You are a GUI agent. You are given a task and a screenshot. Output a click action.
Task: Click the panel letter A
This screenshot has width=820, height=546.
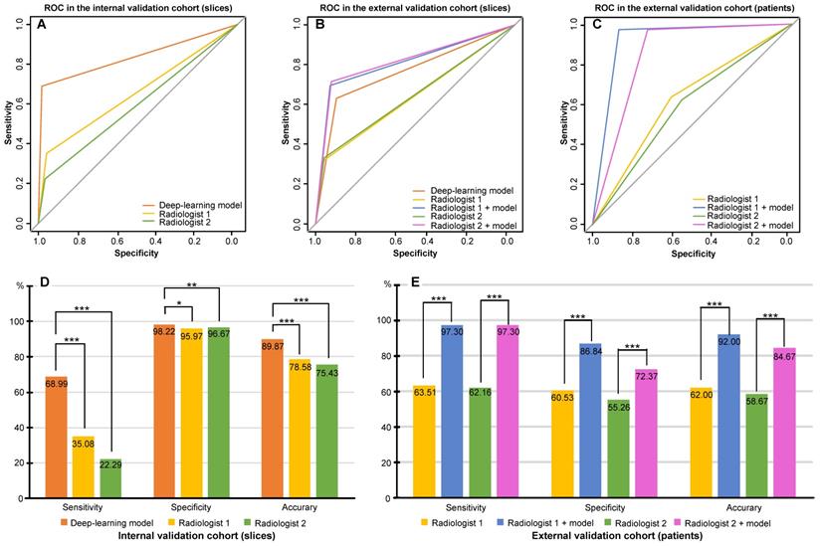(x=42, y=26)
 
